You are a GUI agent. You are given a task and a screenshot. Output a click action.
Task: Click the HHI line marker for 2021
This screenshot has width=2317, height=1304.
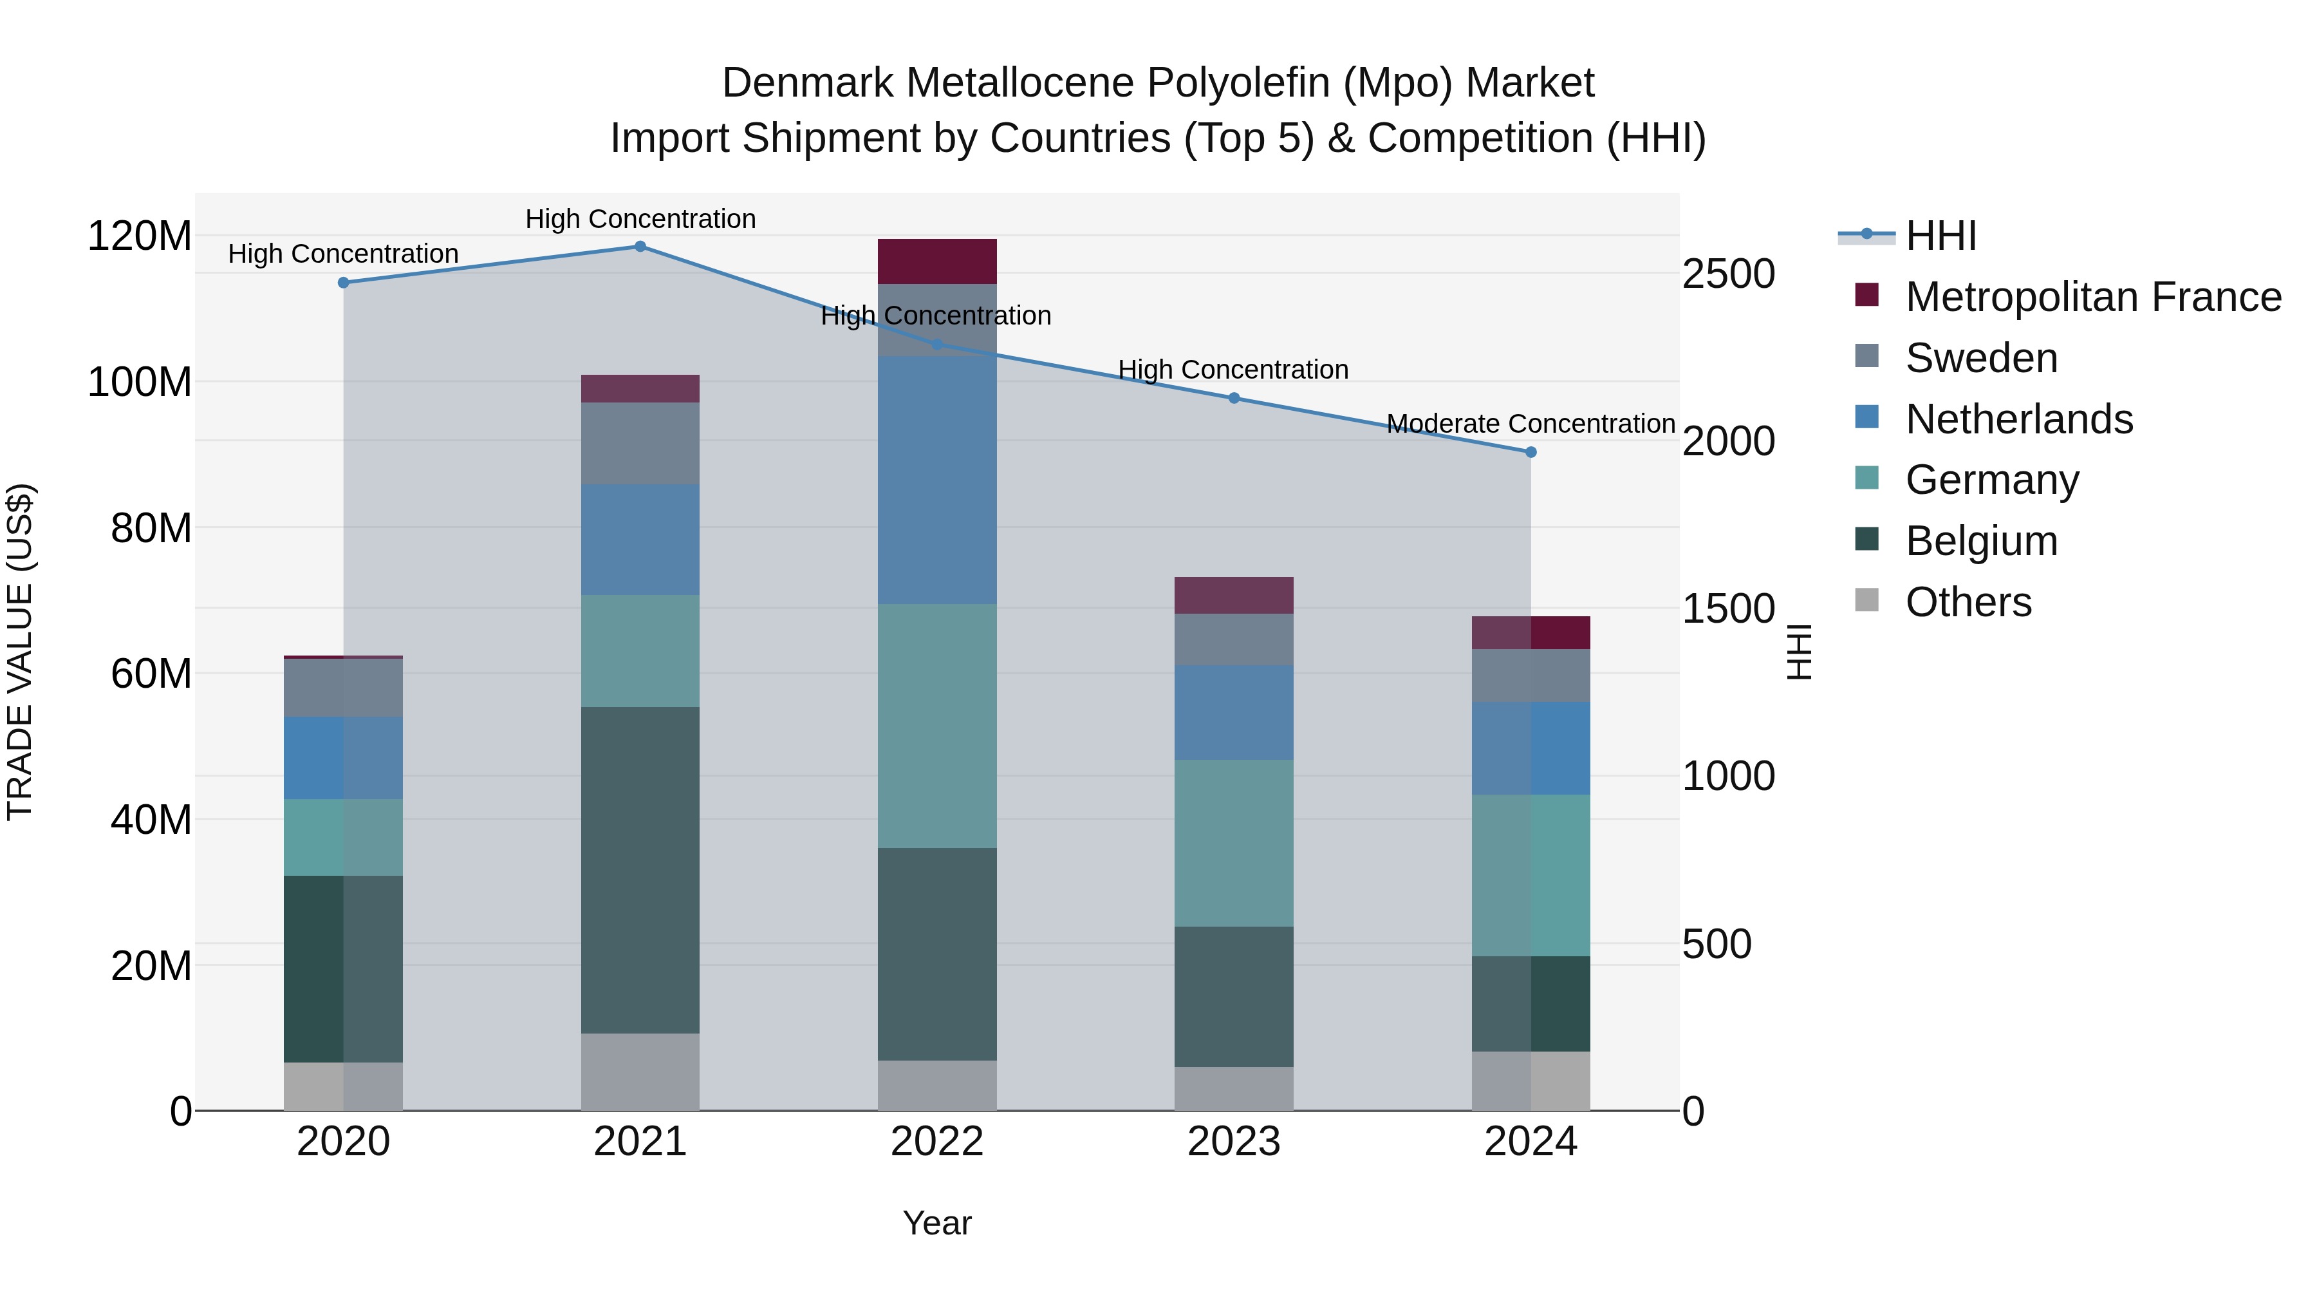pyautogui.click(x=640, y=247)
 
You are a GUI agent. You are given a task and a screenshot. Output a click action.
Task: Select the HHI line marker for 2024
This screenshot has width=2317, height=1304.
pyautogui.click(x=1531, y=453)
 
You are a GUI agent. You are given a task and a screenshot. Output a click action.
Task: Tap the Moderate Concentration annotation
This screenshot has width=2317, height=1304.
pyautogui.click(x=1531, y=424)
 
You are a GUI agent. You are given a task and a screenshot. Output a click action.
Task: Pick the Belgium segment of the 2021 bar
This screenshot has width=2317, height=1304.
pyautogui.click(x=640, y=870)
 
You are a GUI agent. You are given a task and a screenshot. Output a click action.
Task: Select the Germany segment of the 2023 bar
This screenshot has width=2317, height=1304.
pyautogui.click(x=1234, y=843)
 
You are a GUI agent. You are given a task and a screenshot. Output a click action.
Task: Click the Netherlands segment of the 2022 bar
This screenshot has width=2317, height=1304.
pyautogui.click(x=937, y=480)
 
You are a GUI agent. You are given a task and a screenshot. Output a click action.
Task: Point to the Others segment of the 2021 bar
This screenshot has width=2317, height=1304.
pyautogui.click(x=640, y=1072)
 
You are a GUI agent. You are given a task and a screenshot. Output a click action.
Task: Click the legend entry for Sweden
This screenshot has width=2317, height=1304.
pyautogui.click(x=1982, y=358)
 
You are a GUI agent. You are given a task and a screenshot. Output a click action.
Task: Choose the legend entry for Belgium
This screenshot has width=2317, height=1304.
pyautogui.click(x=1982, y=541)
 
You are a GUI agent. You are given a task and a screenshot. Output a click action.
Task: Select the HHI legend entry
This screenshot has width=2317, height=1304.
pyautogui.click(x=1941, y=236)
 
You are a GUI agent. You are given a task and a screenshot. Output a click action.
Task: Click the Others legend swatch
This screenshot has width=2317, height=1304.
pyautogui.click(x=1867, y=600)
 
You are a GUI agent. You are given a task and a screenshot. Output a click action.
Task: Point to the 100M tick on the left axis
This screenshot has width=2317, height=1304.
pyautogui.click(x=140, y=383)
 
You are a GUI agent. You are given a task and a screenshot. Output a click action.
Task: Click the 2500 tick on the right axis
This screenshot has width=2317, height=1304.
pyautogui.click(x=1728, y=274)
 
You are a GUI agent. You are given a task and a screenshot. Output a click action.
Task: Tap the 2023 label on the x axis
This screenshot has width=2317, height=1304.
pyautogui.click(x=1234, y=1142)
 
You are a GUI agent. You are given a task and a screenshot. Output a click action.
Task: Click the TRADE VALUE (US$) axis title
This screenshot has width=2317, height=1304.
pyautogui.click(x=20, y=652)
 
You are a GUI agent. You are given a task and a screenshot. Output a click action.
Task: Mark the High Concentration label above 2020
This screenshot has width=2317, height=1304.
pyautogui.click(x=344, y=254)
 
